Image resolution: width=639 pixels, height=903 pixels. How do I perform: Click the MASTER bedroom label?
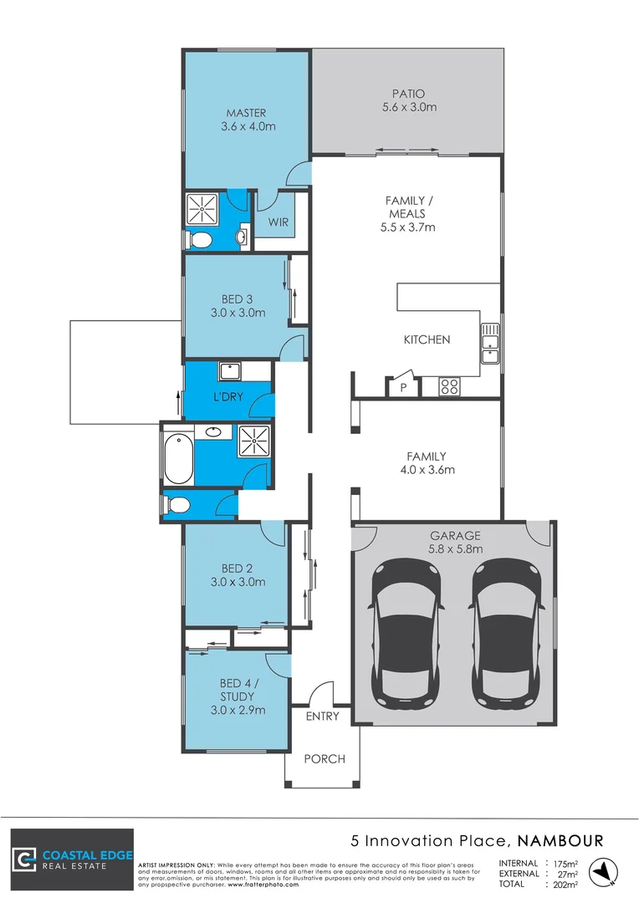(248, 120)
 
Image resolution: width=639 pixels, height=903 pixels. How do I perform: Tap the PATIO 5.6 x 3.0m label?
(409, 100)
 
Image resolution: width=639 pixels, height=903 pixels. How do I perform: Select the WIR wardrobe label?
(278, 222)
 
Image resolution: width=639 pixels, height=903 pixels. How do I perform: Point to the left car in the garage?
(406, 631)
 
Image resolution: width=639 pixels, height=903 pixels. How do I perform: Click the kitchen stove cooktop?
(449, 386)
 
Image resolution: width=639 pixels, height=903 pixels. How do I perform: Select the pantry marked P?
(403, 388)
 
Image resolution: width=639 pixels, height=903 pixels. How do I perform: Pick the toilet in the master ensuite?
(200, 241)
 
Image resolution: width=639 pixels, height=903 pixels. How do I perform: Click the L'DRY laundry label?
(222, 396)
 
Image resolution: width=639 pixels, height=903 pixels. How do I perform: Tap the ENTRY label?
(322, 717)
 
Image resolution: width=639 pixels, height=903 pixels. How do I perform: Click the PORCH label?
(324, 759)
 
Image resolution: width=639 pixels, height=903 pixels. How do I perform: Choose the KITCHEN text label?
(427, 339)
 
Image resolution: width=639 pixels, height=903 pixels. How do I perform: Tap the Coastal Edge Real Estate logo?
(72, 860)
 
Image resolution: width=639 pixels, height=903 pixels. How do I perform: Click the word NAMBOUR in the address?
(560, 839)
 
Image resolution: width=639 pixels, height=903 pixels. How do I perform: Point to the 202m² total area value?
(562, 884)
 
